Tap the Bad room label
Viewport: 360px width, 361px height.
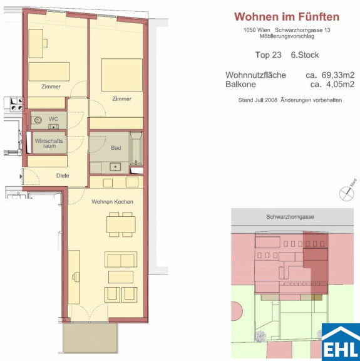(116, 148)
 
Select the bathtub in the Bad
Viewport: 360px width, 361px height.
(136, 148)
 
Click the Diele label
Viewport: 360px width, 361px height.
(63, 175)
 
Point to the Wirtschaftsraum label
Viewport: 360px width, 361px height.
(49, 143)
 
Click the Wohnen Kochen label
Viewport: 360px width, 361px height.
(112, 202)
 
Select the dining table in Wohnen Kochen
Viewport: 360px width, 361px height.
(121, 224)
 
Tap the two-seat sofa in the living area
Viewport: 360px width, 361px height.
(121, 259)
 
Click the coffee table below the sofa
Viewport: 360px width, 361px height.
(121, 277)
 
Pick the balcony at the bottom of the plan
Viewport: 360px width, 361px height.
(90, 338)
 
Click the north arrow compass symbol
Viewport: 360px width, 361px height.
(347, 192)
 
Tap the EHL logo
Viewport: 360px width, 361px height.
(341, 342)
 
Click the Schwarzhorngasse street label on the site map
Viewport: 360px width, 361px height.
(290, 217)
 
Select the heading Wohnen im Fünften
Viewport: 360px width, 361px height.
(287, 17)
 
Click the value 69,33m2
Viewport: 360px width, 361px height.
(338, 75)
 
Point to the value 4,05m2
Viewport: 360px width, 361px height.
(340, 84)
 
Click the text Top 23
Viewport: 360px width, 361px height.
(268, 55)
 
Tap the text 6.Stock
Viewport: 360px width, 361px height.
(305, 55)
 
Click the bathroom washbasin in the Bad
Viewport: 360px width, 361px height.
(115, 167)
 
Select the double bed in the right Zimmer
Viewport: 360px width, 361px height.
(122, 75)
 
